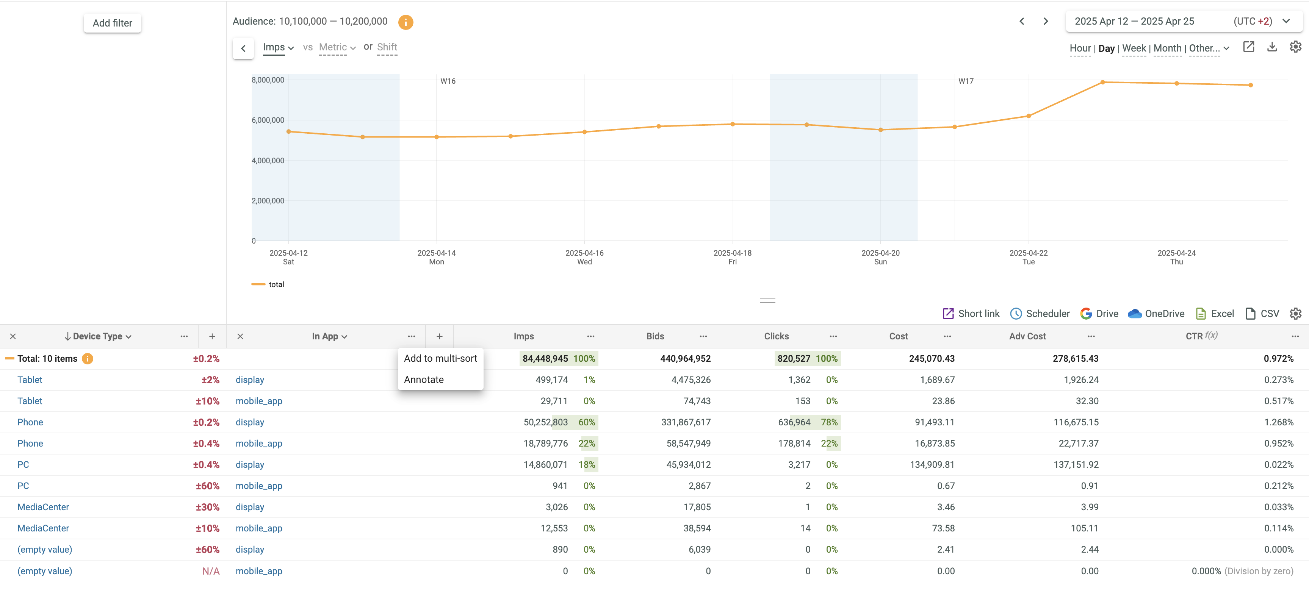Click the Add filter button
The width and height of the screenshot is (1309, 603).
(112, 23)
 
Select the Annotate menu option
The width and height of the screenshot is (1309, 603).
(423, 380)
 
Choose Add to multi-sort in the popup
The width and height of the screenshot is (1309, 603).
(440, 358)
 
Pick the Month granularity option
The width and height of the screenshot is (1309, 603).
(1167, 48)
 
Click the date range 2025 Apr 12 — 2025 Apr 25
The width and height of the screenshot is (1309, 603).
(1134, 21)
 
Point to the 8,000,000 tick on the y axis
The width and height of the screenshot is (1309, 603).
(268, 80)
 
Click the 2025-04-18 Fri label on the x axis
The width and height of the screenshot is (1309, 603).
(732, 257)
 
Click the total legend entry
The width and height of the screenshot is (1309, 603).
(276, 284)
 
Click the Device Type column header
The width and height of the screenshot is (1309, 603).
(97, 336)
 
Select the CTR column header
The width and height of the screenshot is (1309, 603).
(1194, 336)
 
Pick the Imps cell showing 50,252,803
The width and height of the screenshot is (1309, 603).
(545, 422)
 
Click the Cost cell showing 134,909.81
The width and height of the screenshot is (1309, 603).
(932, 464)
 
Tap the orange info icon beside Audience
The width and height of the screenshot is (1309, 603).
(406, 22)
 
